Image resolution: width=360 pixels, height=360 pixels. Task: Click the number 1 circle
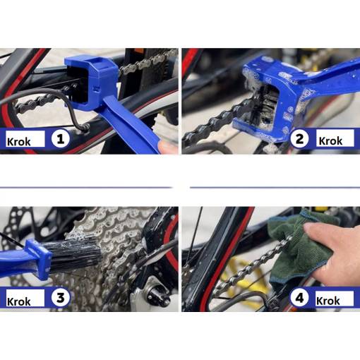pos(61,139)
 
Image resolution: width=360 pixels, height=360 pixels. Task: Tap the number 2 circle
pos(299,138)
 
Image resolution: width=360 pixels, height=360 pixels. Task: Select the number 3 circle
pos(61,298)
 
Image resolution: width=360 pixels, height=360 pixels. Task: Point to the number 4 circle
pos(299,298)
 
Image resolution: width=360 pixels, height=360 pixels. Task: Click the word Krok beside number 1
pos(19,142)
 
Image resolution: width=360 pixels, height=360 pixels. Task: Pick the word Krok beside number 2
pos(330,141)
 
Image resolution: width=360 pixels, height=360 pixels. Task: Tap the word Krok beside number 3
pos(19,301)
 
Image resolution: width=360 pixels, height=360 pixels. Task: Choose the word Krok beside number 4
pos(328,301)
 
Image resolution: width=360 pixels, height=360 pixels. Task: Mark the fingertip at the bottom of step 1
pos(168,147)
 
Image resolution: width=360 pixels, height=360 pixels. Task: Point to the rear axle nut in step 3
pos(157,294)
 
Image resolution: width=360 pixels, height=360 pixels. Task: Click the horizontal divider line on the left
pos(86,188)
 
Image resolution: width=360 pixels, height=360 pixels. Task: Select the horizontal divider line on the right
pos(275,188)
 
